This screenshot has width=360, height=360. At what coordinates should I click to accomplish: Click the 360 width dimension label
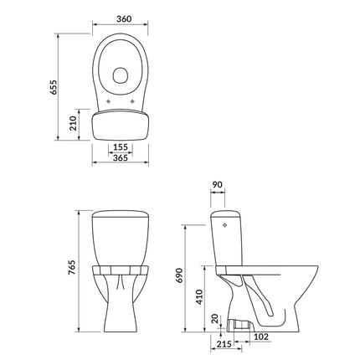point(124,19)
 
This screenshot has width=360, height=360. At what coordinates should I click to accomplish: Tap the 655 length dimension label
point(54,87)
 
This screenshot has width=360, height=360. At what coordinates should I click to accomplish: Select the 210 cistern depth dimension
point(73,124)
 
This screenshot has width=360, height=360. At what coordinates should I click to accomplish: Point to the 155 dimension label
point(121,147)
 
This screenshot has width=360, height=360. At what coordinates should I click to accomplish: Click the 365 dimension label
point(121,157)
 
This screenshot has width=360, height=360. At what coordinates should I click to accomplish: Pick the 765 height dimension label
point(72,268)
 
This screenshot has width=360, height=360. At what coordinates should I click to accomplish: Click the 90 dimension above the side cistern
point(218,185)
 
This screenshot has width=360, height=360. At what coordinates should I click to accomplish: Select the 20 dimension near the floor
point(215,319)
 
